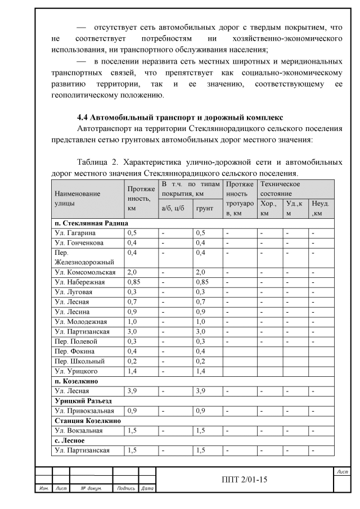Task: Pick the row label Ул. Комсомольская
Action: [84, 272]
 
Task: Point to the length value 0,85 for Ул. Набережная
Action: [135, 282]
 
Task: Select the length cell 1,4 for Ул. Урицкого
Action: [132, 371]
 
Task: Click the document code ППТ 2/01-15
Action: [244, 480]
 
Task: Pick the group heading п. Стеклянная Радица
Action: [88, 223]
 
